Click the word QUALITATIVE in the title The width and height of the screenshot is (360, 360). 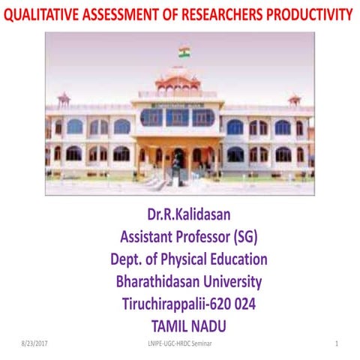pyautogui.click(x=41, y=14)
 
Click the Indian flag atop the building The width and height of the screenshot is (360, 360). pyautogui.click(x=184, y=52)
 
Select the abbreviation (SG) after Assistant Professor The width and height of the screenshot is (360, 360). pyautogui.click(x=248, y=238)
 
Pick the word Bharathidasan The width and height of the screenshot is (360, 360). pyautogui.click(x=158, y=283)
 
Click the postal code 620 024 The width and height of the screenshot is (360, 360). pyautogui.click(x=239, y=304)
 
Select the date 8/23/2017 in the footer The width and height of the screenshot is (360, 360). pyautogui.click(x=36, y=343)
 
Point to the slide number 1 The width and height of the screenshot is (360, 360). pyautogui.click(x=337, y=343)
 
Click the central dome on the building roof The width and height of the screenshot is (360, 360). pyautogui.click(x=177, y=79)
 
